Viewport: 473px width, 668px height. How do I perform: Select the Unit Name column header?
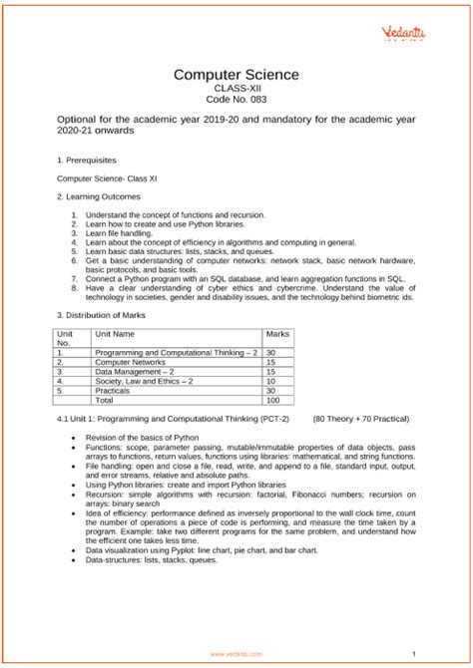click(x=116, y=333)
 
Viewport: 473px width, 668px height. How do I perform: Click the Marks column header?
click(x=277, y=333)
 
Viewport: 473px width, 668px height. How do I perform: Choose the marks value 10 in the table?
click(x=271, y=380)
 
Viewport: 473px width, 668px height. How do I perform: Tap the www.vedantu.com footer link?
click(x=236, y=653)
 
